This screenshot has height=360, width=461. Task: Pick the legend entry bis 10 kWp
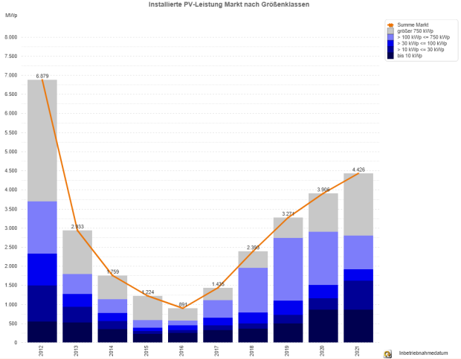pyautogui.click(x=409, y=56)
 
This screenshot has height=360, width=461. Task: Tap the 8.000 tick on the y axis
pyautogui.click(x=10, y=37)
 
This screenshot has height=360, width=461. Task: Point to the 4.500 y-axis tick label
pyautogui.click(x=10, y=171)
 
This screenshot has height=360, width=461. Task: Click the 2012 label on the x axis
pyautogui.click(x=42, y=350)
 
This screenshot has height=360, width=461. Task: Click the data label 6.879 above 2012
pyautogui.click(x=42, y=75)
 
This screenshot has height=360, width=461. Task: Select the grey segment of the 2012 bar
pyautogui.click(x=42, y=141)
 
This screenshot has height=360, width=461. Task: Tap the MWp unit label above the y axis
pyautogui.click(x=11, y=14)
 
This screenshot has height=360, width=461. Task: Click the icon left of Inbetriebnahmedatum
pyautogui.click(x=387, y=353)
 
